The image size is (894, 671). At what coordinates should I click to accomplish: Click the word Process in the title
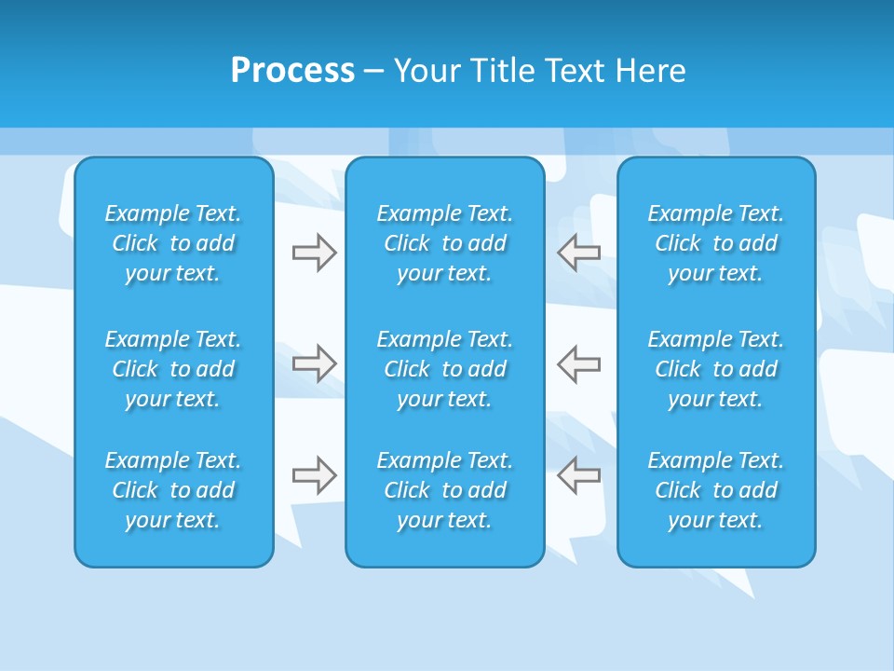click(292, 71)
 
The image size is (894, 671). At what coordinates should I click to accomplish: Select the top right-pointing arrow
click(314, 253)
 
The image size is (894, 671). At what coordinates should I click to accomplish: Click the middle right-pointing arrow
click(314, 363)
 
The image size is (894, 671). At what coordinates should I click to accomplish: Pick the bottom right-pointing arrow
click(314, 475)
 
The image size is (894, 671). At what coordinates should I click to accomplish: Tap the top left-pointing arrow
click(579, 253)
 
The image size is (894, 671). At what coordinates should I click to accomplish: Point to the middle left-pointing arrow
click(579, 363)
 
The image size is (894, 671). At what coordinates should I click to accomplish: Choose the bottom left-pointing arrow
click(579, 475)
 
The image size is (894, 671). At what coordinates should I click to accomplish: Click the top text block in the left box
click(173, 243)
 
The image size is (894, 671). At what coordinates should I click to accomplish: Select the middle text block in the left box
click(173, 369)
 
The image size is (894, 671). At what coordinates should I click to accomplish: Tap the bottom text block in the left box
click(173, 490)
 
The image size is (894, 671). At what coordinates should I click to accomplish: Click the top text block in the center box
click(445, 243)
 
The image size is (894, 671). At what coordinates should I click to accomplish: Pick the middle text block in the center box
click(445, 369)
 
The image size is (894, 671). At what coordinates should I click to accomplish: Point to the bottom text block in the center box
click(445, 490)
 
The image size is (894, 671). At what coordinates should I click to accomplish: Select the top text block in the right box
click(716, 243)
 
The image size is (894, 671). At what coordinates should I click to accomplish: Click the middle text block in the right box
click(716, 369)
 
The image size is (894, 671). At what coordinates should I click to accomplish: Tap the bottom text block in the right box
click(716, 490)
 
